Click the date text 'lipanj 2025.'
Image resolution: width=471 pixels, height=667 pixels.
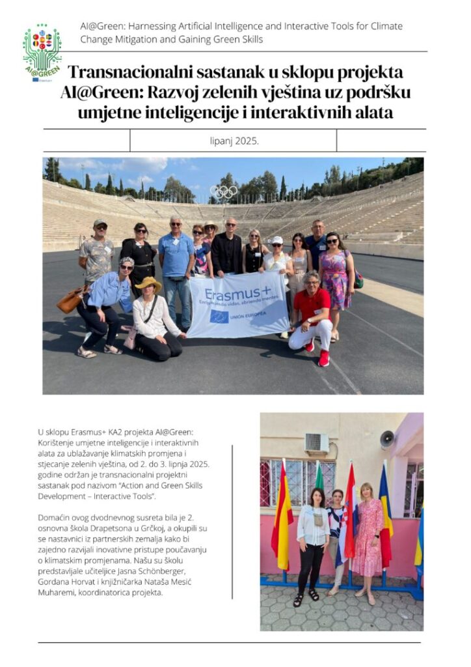coord(233,140)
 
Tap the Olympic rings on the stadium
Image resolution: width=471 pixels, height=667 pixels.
coord(224,192)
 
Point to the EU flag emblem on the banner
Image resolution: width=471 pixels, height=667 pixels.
coord(219,317)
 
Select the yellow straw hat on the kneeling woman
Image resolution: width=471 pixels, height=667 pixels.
coord(149,283)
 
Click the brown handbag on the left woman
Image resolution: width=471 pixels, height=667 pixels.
coord(70,300)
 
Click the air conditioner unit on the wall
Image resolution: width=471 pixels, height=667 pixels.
coord(317,443)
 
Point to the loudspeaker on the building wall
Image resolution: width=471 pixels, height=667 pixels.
coord(387,439)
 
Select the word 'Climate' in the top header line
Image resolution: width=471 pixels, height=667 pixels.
coord(386,26)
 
